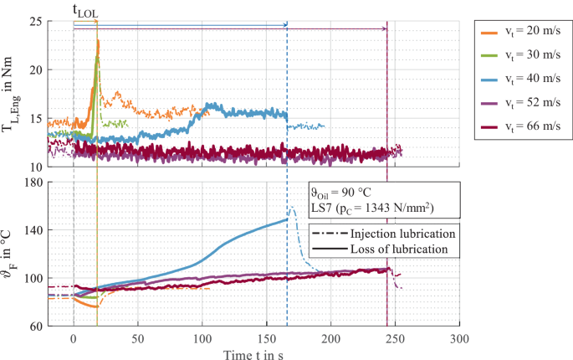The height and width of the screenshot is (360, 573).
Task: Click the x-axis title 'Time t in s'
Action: click(x=254, y=353)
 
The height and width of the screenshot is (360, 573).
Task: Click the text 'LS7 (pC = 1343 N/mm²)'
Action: click(x=374, y=207)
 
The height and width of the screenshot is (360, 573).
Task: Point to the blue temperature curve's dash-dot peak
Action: click(x=292, y=207)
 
